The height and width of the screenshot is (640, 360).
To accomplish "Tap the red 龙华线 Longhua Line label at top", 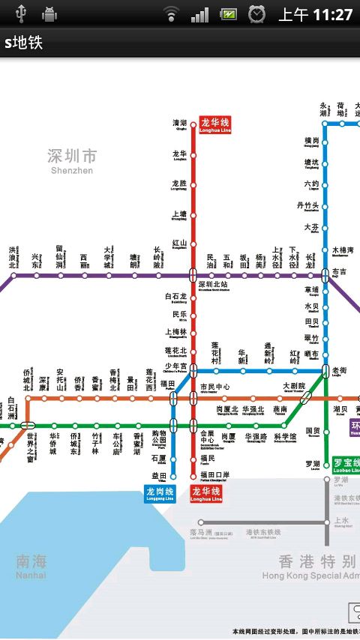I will coord(215,124).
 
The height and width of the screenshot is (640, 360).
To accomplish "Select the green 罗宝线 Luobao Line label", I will coord(346,465).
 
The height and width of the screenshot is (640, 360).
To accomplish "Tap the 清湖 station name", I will coord(180,124).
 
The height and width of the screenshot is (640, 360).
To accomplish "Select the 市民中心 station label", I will coord(215,387).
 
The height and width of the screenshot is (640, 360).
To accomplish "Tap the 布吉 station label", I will coord(340,272).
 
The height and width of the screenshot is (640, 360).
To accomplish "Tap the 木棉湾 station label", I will coord(343,250).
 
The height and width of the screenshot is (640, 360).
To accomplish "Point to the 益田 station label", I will coord(159,475).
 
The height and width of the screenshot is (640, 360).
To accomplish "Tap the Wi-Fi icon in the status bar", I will coord(172,14).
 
